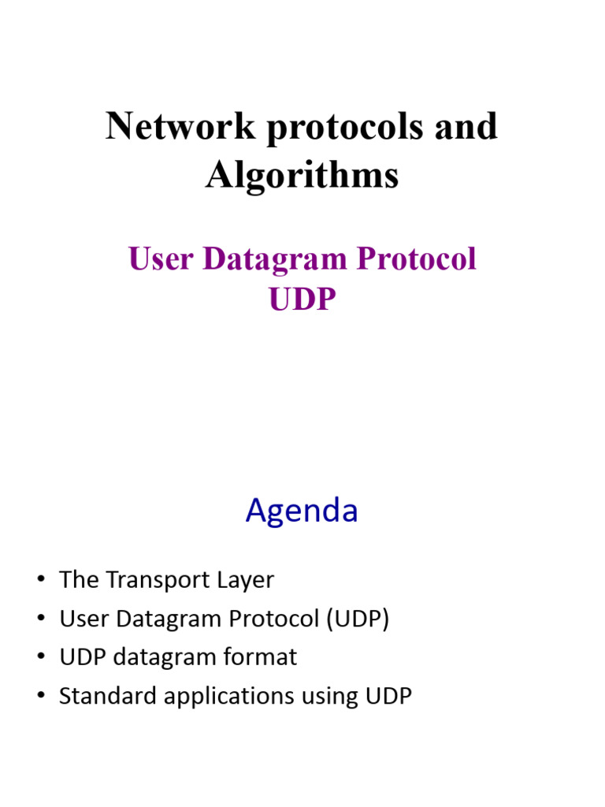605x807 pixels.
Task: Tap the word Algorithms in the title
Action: click(302, 175)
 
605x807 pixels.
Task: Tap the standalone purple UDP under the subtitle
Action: click(302, 299)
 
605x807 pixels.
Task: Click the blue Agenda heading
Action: click(302, 512)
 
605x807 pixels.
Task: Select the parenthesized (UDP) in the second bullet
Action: click(358, 619)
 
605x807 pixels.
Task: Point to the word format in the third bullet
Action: click(263, 657)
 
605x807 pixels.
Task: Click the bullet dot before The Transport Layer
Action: click(40, 582)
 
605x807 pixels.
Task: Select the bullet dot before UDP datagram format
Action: click(40, 658)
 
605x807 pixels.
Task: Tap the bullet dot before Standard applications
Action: click(40, 697)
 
